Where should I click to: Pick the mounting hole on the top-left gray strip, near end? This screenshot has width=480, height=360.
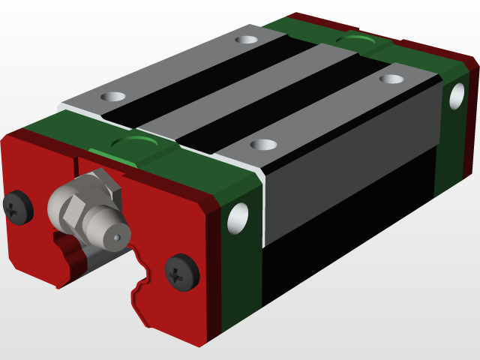tap(113, 97)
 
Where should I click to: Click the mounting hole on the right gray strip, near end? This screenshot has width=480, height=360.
tap(262, 145)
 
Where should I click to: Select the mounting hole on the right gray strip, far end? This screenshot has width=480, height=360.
tap(391, 78)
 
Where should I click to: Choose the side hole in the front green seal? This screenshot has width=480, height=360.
tap(238, 217)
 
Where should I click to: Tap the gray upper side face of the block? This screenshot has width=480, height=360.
tap(345, 150)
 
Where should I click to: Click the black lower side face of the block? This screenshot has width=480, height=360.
tap(345, 225)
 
